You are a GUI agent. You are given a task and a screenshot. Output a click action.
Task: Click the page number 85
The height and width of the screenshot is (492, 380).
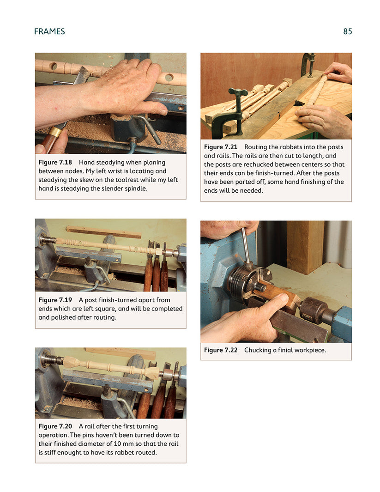(x=347, y=32)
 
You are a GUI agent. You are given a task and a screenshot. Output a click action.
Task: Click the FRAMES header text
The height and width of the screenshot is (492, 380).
(x=49, y=32)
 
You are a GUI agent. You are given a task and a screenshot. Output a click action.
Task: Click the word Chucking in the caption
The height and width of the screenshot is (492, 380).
(x=259, y=350)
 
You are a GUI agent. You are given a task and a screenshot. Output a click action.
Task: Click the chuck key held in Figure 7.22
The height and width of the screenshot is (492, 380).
(x=245, y=245)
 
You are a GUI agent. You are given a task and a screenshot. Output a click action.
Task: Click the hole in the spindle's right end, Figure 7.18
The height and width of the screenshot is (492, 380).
(x=169, y=78)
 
